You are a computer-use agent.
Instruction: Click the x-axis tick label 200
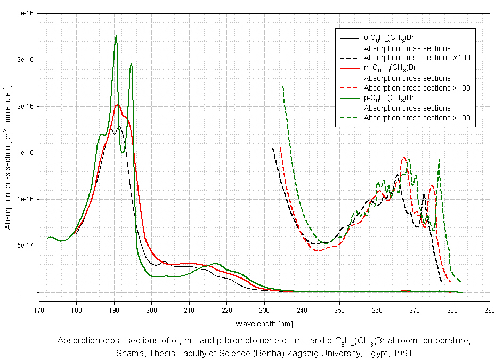152,309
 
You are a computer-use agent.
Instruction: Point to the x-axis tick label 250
339,309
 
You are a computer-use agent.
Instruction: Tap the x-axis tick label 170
39,309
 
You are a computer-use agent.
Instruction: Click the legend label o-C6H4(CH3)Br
389,38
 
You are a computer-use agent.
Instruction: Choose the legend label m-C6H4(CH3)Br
390,68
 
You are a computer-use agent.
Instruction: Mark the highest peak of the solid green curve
116,36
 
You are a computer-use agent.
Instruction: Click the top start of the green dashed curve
283,86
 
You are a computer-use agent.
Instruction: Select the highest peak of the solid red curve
118,105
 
